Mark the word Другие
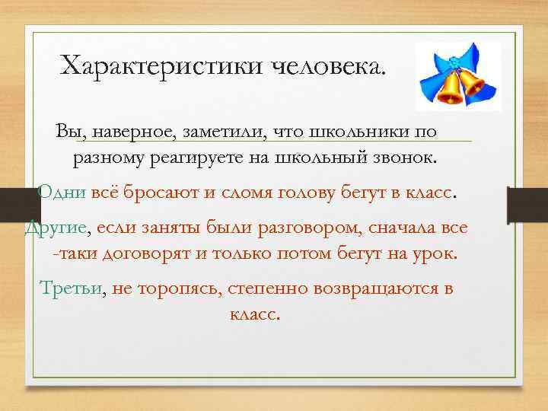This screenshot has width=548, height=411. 56,228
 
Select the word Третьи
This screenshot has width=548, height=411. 73,288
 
